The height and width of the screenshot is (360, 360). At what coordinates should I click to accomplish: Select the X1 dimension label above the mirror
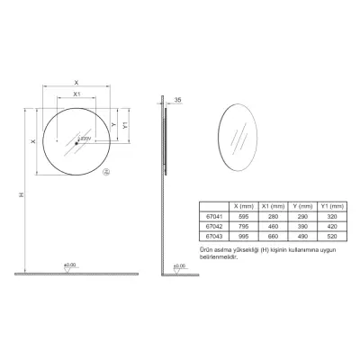(x=77, y=94)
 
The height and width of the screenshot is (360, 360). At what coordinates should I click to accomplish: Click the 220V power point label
(x=85, y=139)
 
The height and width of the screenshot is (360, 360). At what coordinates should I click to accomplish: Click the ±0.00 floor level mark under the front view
(x=68, y=265)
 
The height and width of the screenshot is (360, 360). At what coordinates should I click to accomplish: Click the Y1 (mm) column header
(x=335, y=205)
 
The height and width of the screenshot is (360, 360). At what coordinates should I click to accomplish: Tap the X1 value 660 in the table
(x=273, y=236)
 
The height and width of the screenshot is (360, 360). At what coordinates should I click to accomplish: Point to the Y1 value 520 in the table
(x=335, y=236)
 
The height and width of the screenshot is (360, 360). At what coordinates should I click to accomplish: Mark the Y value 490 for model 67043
(x=304, y=236)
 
